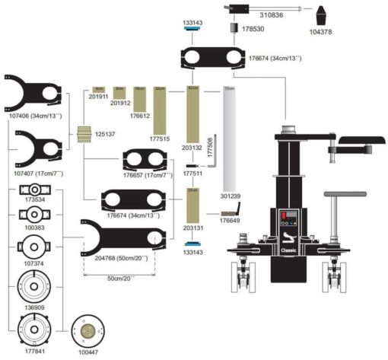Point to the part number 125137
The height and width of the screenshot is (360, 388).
coord(105,134)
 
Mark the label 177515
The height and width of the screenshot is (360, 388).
coord(160,139)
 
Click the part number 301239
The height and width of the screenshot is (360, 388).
coord(232,196)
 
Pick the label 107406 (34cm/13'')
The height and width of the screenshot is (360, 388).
coord(36,116)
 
